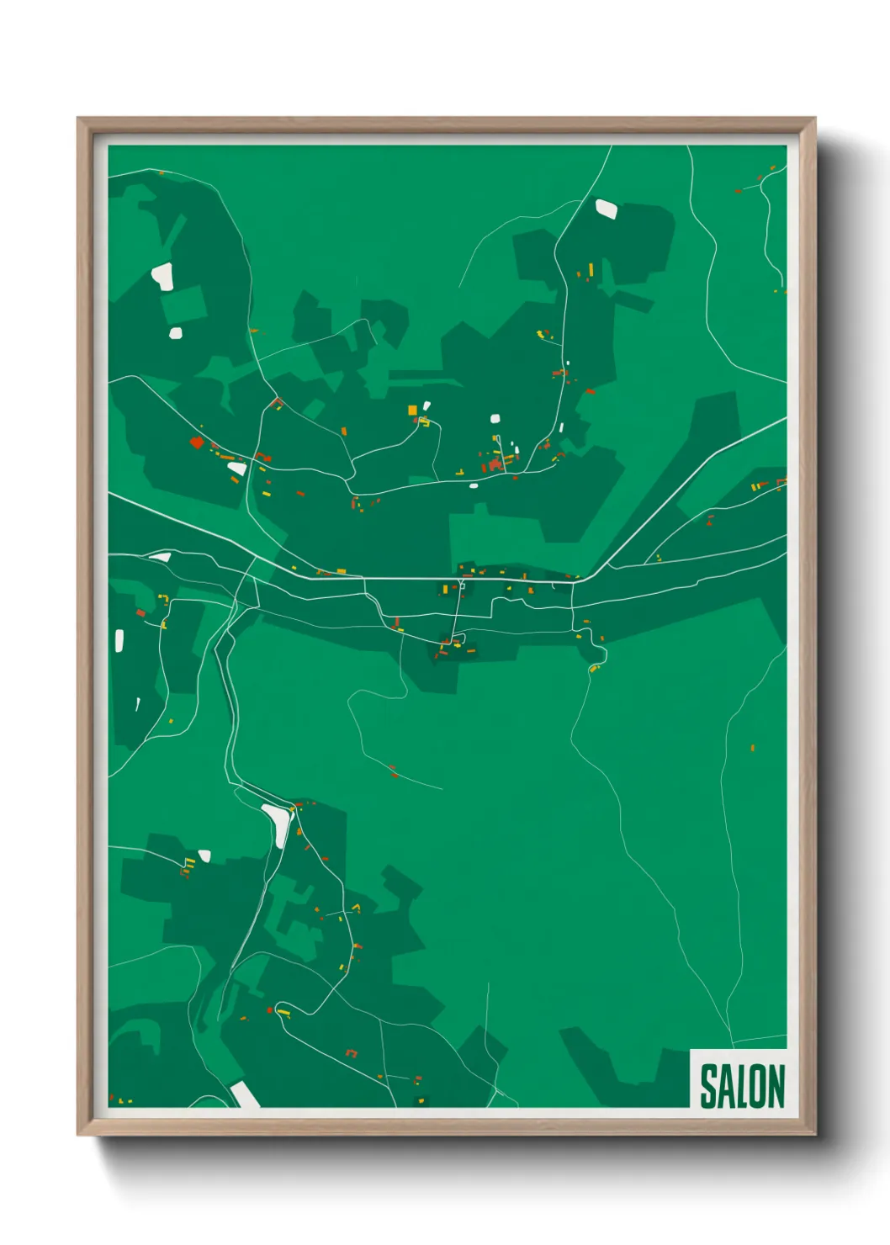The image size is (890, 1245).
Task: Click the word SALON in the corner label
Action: pyautogui.click(x=742, y=1086)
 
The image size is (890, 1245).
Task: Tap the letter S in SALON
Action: pyautogui.click(x=708, y=1086)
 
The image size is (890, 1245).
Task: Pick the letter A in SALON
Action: pyautogui.click(x=725, y=1086)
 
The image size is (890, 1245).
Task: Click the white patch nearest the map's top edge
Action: pyautogui.click(x=606, y=208)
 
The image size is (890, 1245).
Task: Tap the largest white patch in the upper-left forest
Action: pyautogui.click(x=162, y=276)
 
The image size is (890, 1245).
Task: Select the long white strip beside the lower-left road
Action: pyautogui.click(x=277, y=824)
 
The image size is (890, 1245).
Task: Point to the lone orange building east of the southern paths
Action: pyautogui.click(x=752, y=747)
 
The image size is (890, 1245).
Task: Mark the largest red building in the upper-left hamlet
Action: pyautogui.click(x=197, y=442)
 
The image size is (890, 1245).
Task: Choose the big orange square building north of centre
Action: pyautogui.click(x=412, y=410)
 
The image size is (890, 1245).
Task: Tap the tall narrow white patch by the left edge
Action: pyautogui.click(x=119, y=641)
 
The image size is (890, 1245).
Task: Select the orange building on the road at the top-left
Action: pyautogui.click(x=162, y=173)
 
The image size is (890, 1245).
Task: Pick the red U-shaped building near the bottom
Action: pyautogui.click(x=352, y=1052)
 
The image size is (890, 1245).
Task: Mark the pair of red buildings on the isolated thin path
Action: pyautogui.click(x=393, y=770)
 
